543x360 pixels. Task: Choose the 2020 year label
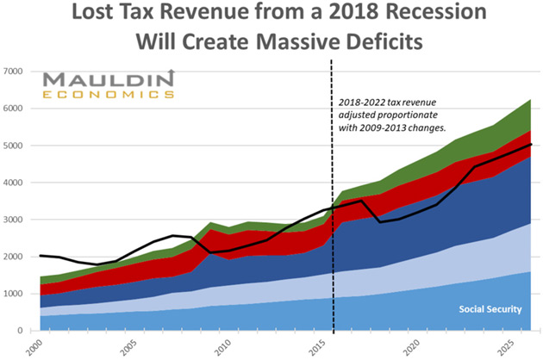click(412, 346)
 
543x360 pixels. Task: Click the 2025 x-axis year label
click(505, 346)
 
